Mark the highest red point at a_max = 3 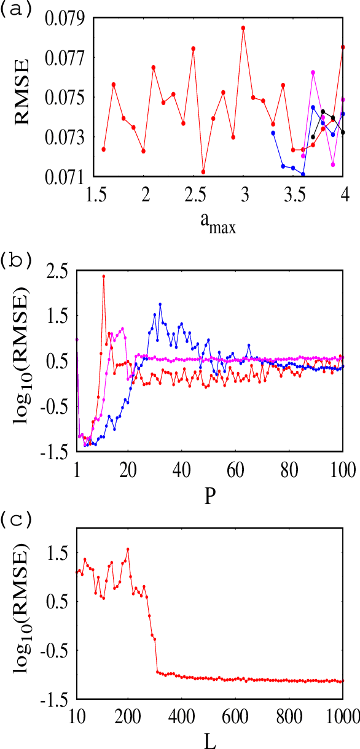click(x=243, y=28)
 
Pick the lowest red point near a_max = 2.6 click(x=203, y=171)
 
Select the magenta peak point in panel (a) click(x=313, y=72)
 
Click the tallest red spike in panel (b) click(x=104, y=276)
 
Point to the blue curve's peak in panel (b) click(x=160, y=304)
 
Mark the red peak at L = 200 click(x=128, y=549)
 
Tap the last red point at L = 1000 click(x=342, y=680)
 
